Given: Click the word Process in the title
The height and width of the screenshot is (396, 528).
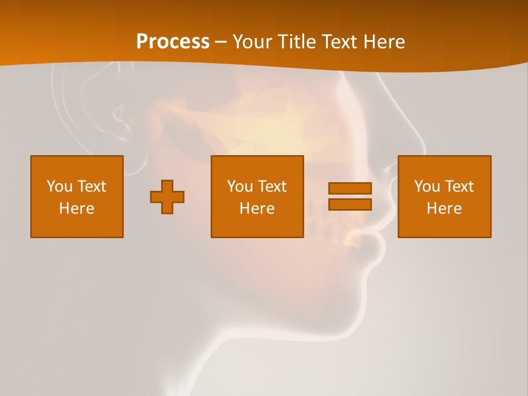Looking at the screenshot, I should pyautogui.click(x=173, y=42).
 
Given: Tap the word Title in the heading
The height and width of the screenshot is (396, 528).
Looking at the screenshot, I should pyautogui.click(x=296, y=42).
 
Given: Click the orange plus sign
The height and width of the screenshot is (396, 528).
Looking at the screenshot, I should pyautogui.click(x=167, y=196).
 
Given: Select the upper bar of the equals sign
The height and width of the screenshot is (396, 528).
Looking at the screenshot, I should pyautogui.click(x=350, y=188).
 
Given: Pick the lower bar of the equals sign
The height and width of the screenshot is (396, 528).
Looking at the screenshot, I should pyautogui.click(x=350, y=204).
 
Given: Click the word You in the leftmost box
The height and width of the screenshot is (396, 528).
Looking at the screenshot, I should pyautogui.click(x=59, y=186).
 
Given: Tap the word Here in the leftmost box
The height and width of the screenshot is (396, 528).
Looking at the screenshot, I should pyautogui.click(x=76, y=208).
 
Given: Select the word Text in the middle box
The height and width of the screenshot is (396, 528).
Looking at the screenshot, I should pyautogui.click(x=272, y=186).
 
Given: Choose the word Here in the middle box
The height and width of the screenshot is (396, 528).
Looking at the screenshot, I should pyautogui.click(x=257, y=208).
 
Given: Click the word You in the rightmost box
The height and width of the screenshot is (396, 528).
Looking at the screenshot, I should pyautogui.click(x=427, y=186).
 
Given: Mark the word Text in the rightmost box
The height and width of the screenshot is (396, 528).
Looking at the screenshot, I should pyautogui.click(x=459, y=186).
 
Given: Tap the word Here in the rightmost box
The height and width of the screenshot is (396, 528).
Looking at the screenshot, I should pyautogui.click(x=444, y=208).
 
